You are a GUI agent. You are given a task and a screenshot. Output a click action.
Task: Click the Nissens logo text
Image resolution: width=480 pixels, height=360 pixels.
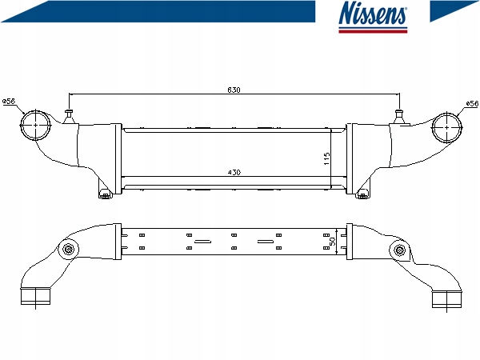(373, 13)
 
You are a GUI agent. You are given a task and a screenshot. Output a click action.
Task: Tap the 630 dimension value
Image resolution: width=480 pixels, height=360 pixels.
(234, 90)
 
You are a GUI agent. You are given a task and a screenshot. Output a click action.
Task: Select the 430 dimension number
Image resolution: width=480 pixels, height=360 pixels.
(234, 172)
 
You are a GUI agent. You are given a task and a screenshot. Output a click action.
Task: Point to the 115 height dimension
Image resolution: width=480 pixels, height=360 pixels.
(327, 159)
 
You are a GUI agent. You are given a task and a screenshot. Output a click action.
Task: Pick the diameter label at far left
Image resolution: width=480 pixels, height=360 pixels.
(9, 101)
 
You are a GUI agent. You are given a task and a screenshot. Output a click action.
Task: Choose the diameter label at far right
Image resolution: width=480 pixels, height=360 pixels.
(472, 104)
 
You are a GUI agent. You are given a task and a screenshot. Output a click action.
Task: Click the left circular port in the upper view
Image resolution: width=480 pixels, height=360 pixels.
(35, 126)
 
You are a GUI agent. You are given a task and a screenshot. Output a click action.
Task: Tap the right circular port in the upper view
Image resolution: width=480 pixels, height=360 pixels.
(446, 128)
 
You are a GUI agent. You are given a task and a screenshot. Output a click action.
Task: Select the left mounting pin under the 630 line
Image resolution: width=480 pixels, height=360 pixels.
(69, 116)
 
